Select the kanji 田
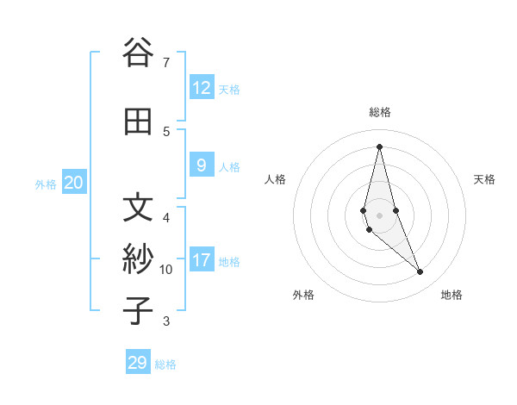(x=138, y=121)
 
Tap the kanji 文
(x=138, y=208)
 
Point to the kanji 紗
(x=138, y=259)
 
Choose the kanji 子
(x=138, y=310)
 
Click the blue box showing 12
(x=202, y=87)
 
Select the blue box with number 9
(x=202, y=165)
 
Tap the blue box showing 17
(x=202, y=259)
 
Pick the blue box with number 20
(x=74, y=182)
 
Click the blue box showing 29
(x=138, y=363)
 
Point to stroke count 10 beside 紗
(x=166, y=270)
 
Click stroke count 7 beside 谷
(x=166, y=62)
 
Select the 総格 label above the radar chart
(x=379, y=112)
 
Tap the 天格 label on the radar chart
(x=484, y=179)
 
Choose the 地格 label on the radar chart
(x=452, y=295)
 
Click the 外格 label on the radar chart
(x=303, y=295)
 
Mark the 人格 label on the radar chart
(x=275, y=179)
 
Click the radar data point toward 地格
(x=420, y=272)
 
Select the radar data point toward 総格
(x=379, y=146)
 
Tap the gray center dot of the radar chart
(x=379, y=215)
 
